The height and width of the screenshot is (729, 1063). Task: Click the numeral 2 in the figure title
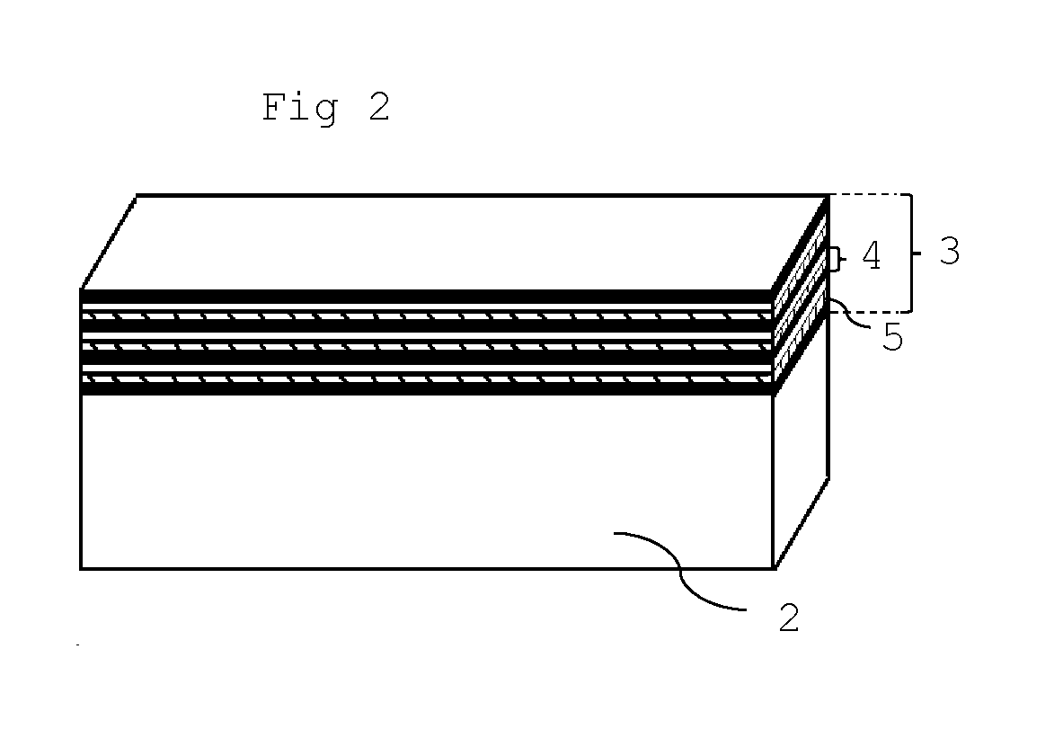379,107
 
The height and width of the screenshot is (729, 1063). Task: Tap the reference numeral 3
949,252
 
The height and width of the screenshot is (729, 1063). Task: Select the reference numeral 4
871,256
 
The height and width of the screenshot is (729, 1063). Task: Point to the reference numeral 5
892,337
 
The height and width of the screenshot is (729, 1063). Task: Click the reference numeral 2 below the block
788,618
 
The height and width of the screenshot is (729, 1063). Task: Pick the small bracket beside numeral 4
838,258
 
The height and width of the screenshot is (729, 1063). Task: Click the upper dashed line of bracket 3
869,195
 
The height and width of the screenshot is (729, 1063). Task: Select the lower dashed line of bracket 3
869,313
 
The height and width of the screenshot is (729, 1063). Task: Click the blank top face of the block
454,242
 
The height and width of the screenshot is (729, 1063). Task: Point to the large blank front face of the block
427,482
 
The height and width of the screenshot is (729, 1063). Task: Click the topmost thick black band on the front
427,297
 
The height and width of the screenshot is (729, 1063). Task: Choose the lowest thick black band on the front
427,388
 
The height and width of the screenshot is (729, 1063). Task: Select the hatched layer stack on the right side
801,295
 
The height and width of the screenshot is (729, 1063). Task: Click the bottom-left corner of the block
82,568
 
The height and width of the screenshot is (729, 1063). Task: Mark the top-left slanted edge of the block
109,242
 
